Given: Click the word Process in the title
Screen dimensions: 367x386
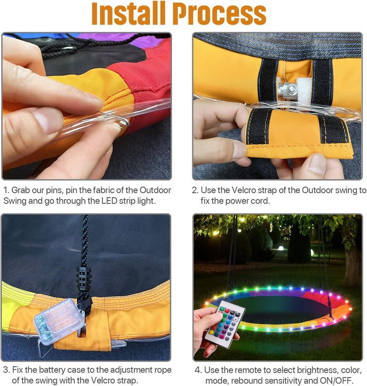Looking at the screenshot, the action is click(x=219, y=14).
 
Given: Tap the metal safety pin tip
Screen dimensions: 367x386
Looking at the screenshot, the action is click(x=127, y=122).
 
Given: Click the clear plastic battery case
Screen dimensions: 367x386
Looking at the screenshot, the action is click(x=59, y=321).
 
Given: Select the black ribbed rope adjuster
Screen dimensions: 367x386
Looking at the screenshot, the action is click(x=84, y=279).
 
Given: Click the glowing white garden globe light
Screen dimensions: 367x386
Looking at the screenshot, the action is click(x=281, y=248).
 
